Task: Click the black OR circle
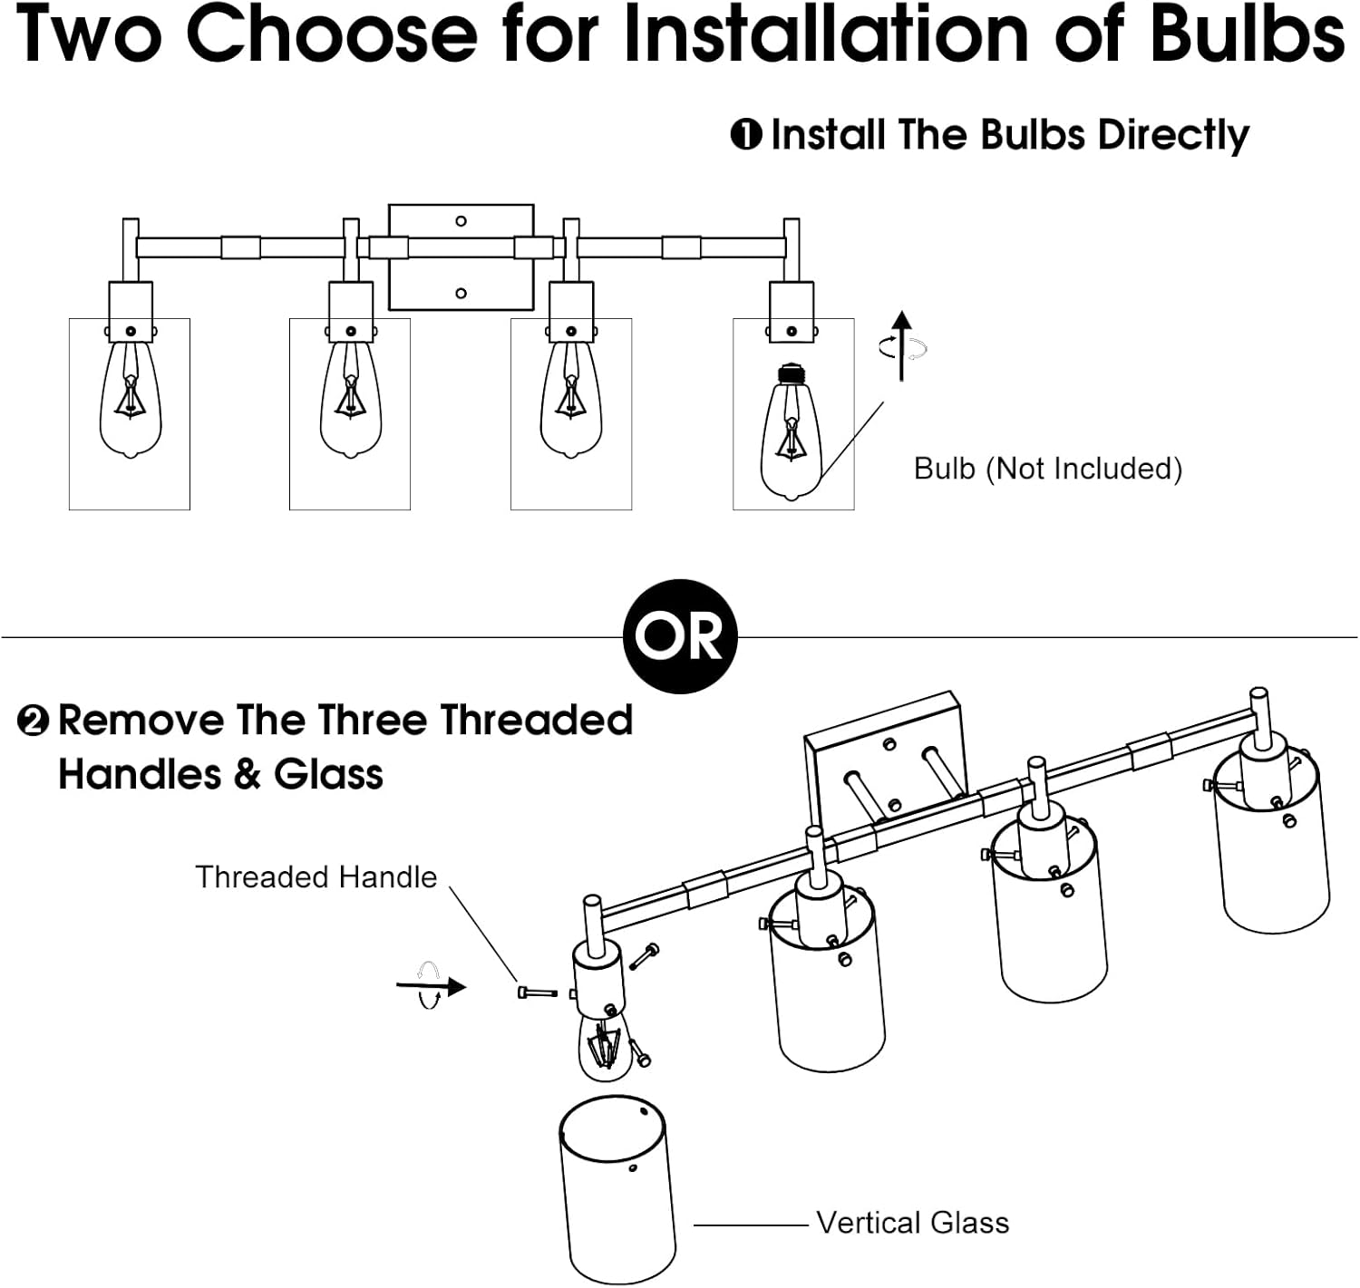(680, 636)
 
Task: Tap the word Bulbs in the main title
(1248, 34)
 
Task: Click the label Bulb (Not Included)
(1048, 469)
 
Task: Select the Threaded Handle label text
(316, 877)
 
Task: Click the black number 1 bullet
(746, 135)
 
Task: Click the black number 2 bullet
(34, 721)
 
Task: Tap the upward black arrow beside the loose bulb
(901, 346)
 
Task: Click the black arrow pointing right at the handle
(431, 986)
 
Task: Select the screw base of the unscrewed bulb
(790, 374)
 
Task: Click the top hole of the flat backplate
(461, 221)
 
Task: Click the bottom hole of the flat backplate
(461, 294)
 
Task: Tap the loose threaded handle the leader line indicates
(539, 993)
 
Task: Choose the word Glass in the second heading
(328, 774)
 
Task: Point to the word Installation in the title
(827, 34)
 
